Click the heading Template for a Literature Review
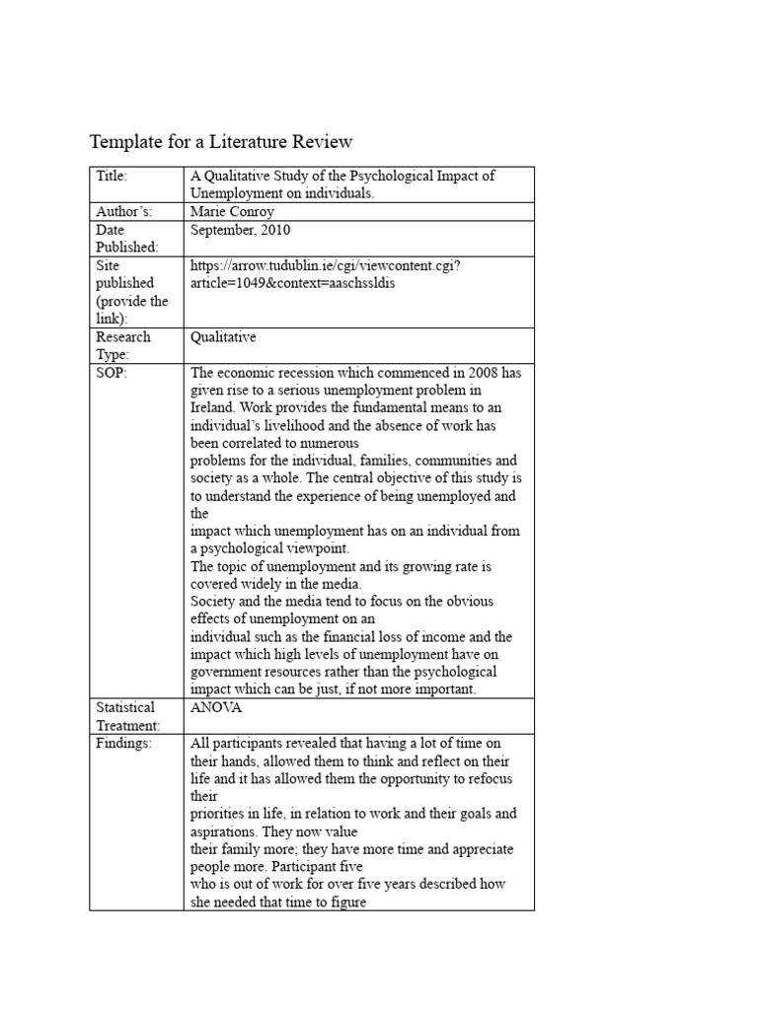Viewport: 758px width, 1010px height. click(221, 142)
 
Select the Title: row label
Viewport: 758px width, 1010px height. click(113, 177)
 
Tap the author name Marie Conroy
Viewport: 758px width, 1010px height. click(232, 212)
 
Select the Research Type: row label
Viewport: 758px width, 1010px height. click(123, 345)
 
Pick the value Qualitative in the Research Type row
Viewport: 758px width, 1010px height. click(223, 337)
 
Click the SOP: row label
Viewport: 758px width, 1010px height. click(112, 373)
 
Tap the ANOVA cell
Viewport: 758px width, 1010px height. click(214, 707)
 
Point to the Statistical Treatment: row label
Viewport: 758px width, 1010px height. click(126, 716)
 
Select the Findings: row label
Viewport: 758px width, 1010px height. click(124, 744)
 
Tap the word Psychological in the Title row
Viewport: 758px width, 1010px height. click(393, 177)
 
